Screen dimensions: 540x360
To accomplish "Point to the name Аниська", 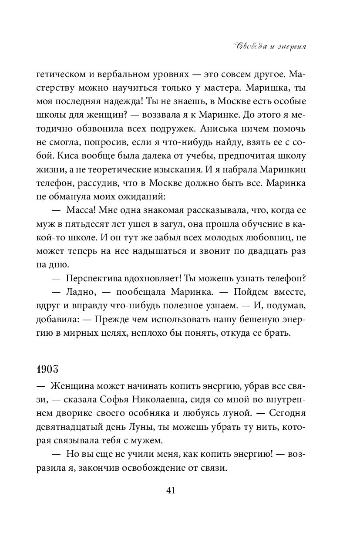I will click(x=225, y=129).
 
